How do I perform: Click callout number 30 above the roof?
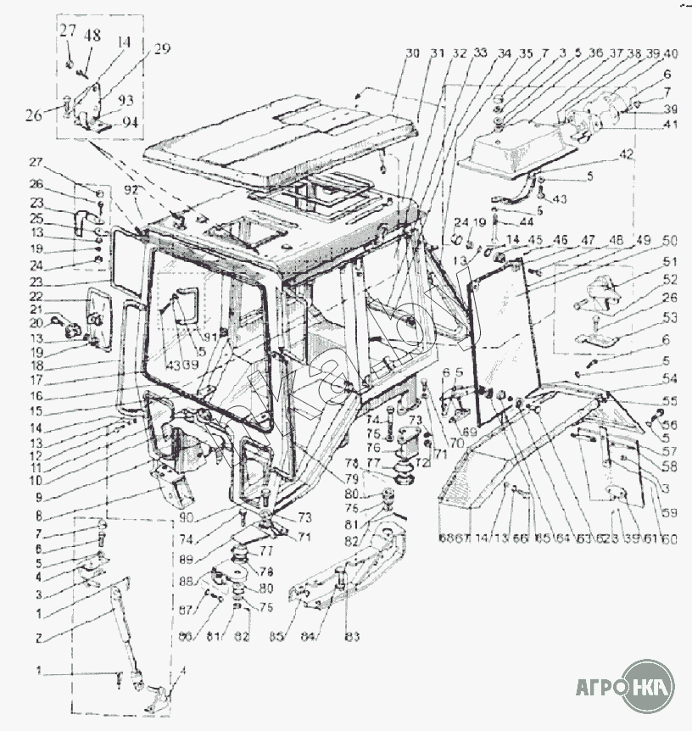412,53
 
